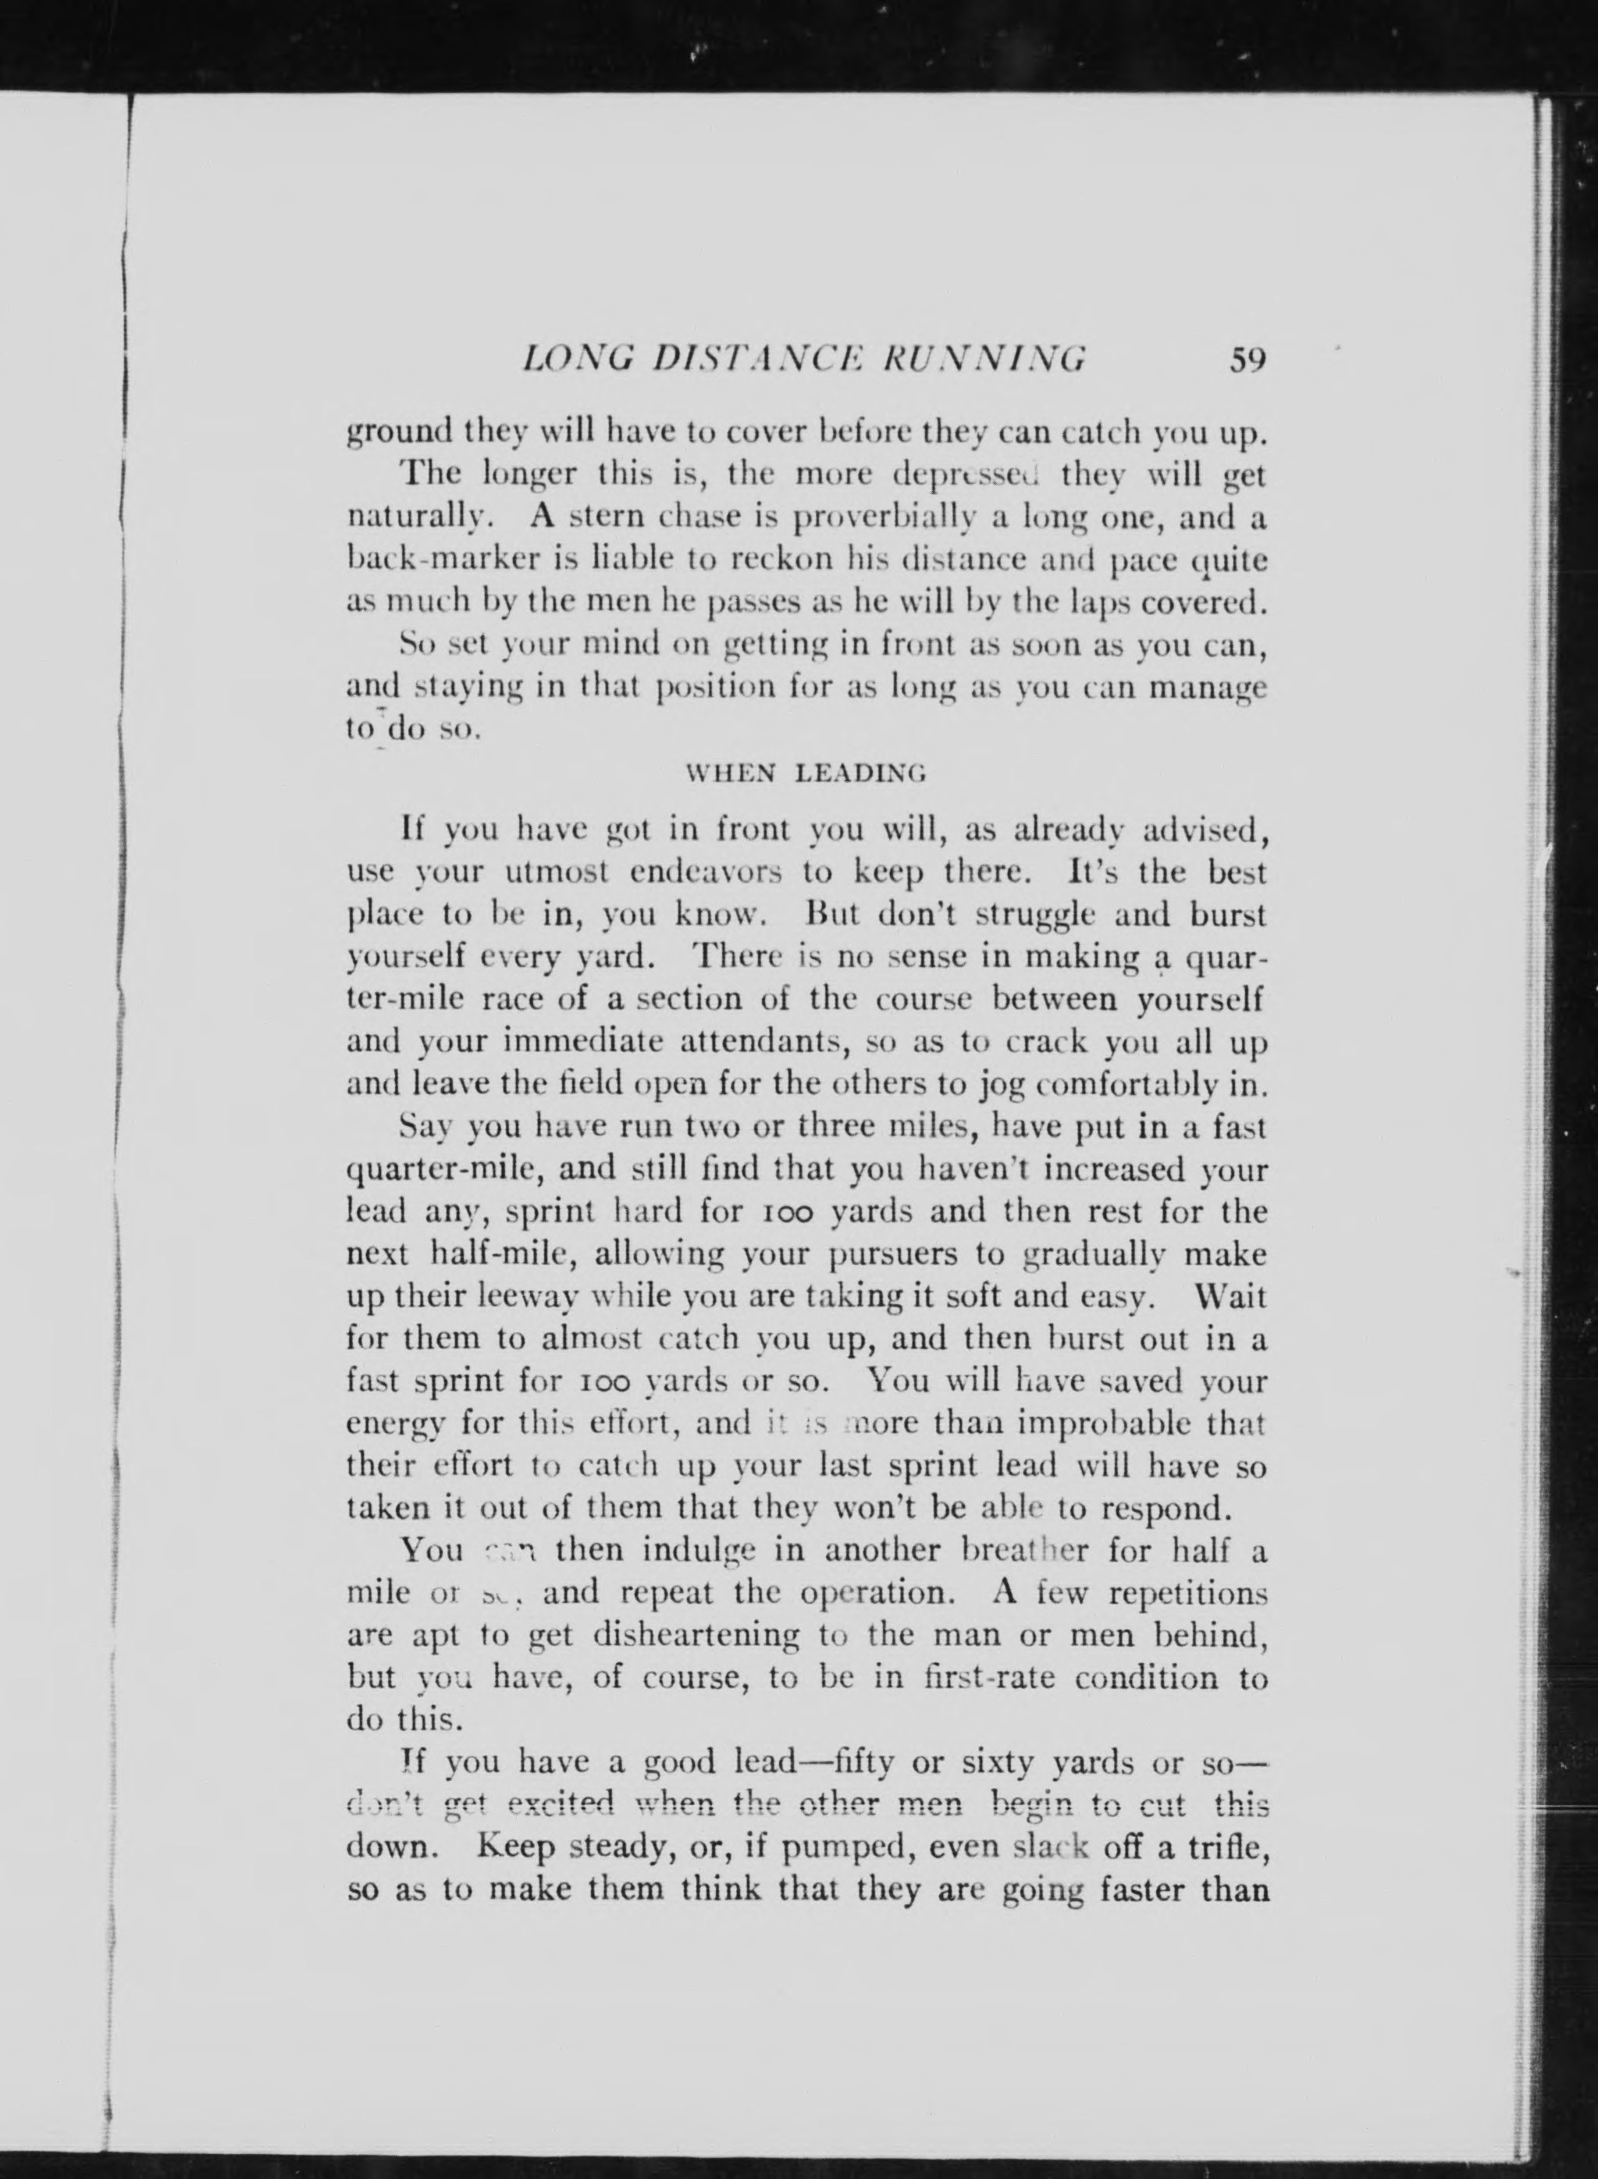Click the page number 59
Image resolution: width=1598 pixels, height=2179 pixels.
(x=1247, y=360)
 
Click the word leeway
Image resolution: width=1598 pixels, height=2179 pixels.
(x=515, y=1298)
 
